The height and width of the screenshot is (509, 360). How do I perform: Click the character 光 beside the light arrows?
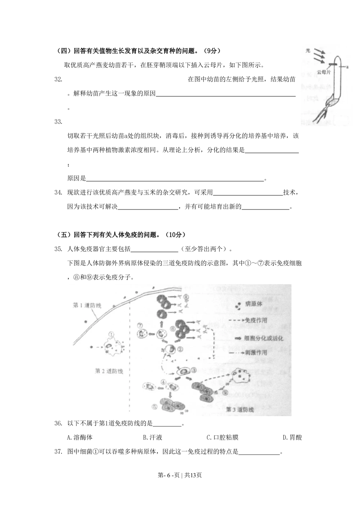pos(308,51)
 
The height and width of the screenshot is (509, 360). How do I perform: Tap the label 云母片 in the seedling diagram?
pos(323,72)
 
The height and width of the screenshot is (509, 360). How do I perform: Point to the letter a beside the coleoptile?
pos(348,67)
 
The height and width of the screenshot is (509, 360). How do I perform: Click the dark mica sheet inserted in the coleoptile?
pos(333,65)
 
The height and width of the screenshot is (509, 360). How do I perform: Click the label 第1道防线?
pos(87,305)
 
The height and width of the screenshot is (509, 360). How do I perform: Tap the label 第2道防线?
pos(109,371)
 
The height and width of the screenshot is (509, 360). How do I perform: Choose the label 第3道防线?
pos(240,409)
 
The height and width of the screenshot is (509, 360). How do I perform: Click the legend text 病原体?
pos(254,305)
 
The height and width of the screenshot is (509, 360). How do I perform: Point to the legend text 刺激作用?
pos(256,353)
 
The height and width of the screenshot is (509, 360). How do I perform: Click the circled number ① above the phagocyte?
pos(111,334)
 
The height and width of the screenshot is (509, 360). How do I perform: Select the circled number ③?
pos(194,370)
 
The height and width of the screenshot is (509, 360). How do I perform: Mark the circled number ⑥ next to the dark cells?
pos(173,329)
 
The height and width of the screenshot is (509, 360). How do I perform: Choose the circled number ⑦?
pos(141,326)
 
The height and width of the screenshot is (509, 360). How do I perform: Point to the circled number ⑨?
pos(225,393)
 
